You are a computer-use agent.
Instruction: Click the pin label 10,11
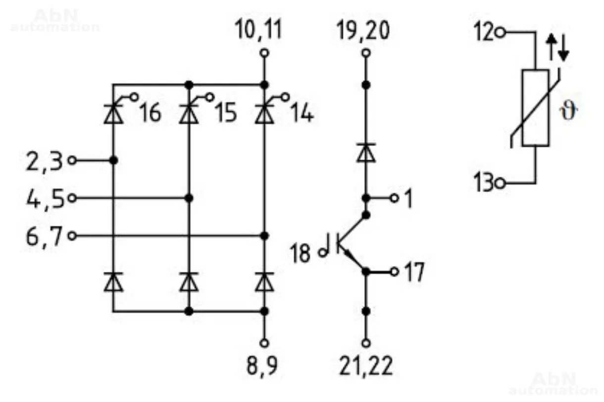point(258,29)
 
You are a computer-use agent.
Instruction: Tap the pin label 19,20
point(363,30)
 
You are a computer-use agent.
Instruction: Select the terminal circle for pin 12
point(500,33)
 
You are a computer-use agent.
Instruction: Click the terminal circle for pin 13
point(500,183)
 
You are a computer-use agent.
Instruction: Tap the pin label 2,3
point(44,161)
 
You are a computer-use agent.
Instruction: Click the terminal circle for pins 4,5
point(72,198)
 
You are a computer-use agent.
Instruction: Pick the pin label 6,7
point(44,237)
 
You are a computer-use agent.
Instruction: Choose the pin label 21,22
point(366,366)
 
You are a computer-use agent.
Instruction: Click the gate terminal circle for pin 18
point(322,252)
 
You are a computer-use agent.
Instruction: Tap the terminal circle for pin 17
point(394,272)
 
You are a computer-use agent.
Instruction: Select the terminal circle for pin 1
point(394,198)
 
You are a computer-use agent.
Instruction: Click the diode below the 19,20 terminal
point(366,153)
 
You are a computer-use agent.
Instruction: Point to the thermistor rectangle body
point(535,108)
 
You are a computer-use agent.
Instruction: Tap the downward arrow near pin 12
point(563,48)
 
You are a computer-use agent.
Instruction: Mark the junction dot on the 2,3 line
point(113,160)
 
